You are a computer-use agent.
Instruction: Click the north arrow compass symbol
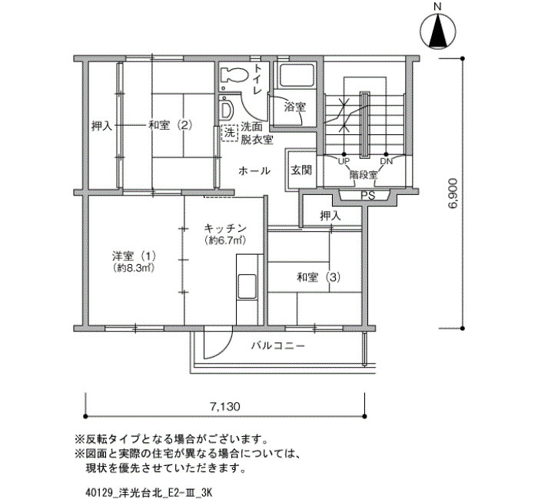pyautogui.click(x=438, y=31)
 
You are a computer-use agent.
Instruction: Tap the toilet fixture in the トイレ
pyautogui.click(x=234, y=74)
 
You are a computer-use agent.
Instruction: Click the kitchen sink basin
pyautogui.click(x=247, y=286)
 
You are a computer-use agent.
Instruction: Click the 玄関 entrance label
pyautogui.click(x=301, y=170)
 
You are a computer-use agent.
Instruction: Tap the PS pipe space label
pyautogui.click(x=367, y=196)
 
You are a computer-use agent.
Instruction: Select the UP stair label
pyautogui.click(x=344, y=161)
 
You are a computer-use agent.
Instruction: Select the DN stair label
pyautogui.click(x=386, y=161)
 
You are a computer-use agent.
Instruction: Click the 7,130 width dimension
pyautogui.click(x=224, y=407)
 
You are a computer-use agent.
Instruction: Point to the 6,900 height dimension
pyautogui.click(x=453, y=193)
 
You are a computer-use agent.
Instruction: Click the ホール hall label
pyautogui.click(x=254, y=170)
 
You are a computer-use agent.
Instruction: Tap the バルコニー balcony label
pyautogui.click(x=278, y=345)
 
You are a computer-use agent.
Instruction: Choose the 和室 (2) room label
pyautogui.click(x=170, y=125)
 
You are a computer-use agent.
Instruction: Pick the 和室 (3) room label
pyautogui.click(x=319, y=277)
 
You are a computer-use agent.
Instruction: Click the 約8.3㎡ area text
pyautogui.click(x=133, y=268)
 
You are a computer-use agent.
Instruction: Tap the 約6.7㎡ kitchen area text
pyautogui.click(x=225, y=240)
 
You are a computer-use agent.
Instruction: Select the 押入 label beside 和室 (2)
pyautogui.click(x=101, y=126)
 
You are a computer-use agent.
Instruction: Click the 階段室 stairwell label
pyautogui.click(x=364, y=175)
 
